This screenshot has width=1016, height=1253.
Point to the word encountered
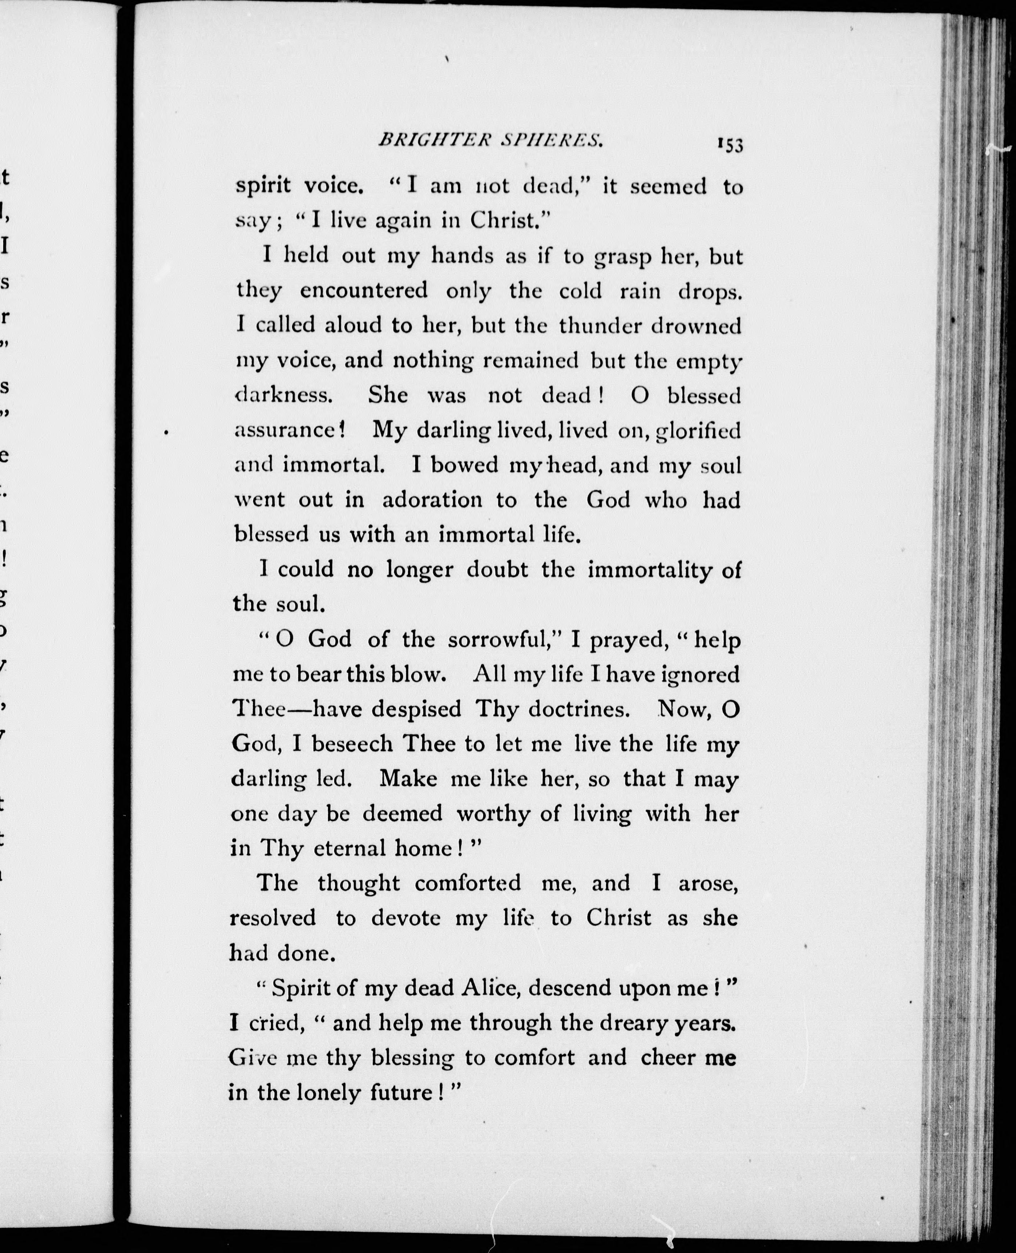[364, 291]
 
